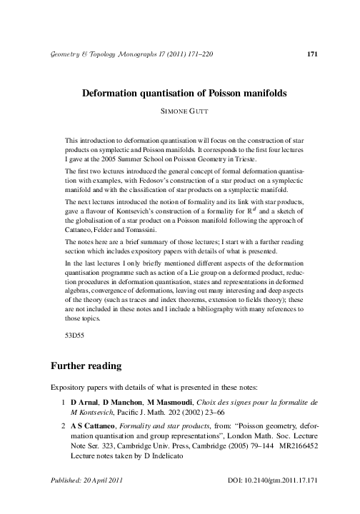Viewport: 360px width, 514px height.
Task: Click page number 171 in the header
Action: point(311,54)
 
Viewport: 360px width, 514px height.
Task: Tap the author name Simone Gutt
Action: point(180,112)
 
